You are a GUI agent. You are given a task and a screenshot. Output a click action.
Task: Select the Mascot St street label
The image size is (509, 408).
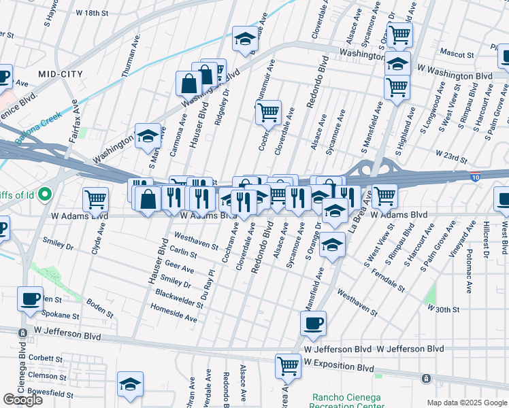click(457, 54)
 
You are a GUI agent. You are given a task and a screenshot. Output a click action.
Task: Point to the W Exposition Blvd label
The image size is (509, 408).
click(339, 367)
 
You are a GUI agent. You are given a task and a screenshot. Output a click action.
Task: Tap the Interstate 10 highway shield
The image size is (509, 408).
click(474, 177)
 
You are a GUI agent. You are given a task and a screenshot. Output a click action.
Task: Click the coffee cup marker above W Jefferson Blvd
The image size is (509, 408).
click(313, 324)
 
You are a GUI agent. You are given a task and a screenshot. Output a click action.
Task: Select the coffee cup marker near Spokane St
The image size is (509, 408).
click(30, 300)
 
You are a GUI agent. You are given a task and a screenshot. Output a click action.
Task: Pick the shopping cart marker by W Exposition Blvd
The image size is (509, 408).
click(289, 366)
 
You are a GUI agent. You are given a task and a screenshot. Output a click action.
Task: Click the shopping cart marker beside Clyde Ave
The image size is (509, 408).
click(96, 199)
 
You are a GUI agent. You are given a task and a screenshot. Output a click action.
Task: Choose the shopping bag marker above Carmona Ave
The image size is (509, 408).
click(188, 84)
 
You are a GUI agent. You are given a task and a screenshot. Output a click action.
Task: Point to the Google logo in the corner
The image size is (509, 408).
click(23, 399)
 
